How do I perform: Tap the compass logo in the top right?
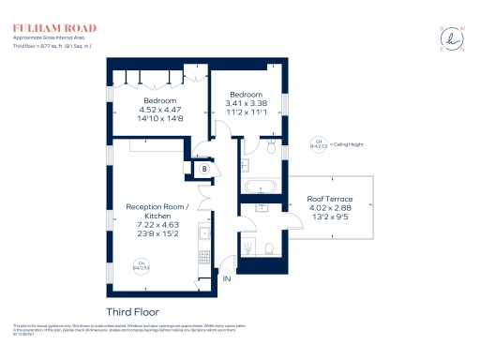(x=454, y=38)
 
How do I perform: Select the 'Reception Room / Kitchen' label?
(x=157, y=212)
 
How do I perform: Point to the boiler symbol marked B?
(x=205, y=168)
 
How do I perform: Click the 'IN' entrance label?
(x=226, y=278)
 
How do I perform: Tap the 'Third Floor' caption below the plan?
(x=132, y=310)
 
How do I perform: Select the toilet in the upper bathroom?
(x=270, y=148)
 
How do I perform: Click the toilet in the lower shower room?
(x=268, y=248)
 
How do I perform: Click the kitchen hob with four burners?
(x=202, y=253)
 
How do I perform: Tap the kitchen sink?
(x=202, y=233)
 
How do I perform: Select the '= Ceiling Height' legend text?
(x=343, y=144)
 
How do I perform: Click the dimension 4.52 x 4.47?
(x=159, y=110)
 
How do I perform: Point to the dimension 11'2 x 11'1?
(x=247, y=112)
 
